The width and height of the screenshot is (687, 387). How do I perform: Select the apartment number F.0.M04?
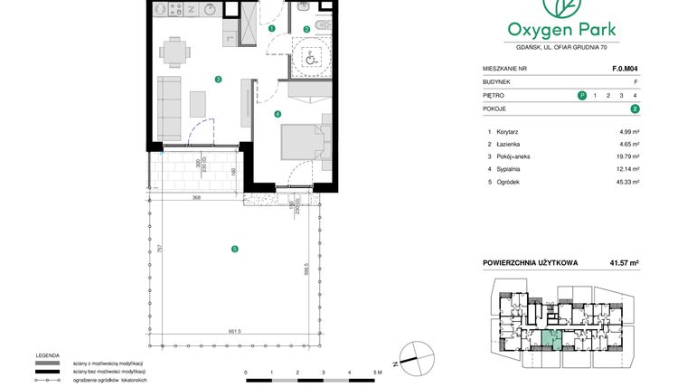(626, 68)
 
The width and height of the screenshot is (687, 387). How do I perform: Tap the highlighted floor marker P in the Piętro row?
(581, 95)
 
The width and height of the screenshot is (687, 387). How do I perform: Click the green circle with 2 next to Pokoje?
(635, 109)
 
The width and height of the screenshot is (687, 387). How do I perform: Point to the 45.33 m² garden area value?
(626, 182)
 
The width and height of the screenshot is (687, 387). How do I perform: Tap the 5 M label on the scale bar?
(377, 372)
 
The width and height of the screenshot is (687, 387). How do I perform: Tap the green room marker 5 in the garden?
(234, 249)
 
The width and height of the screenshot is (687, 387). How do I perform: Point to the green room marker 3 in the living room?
(218, 80)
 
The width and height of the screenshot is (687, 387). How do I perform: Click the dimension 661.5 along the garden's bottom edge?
(235, 332)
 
